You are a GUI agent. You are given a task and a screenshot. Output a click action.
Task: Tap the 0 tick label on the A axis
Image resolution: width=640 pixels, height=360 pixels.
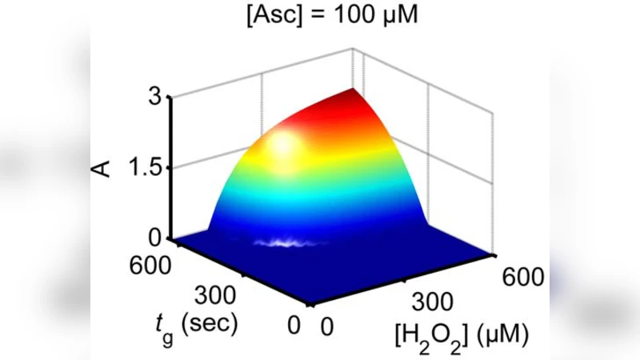click(154, 237)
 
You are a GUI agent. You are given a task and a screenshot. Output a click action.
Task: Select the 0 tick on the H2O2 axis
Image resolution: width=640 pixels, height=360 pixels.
click(326, 326)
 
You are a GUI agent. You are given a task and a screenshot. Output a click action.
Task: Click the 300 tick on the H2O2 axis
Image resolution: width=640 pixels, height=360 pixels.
click(430, 302)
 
